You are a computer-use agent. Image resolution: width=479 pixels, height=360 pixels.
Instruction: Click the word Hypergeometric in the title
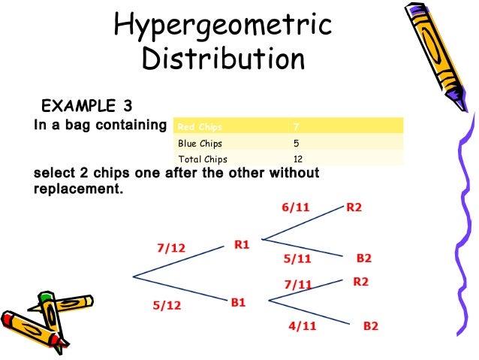point(222,26)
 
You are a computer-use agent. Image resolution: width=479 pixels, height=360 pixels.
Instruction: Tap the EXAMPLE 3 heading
point(86,104)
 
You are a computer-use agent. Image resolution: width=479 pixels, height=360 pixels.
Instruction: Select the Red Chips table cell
point(194,126)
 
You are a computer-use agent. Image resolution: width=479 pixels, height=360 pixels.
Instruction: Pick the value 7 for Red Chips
point(297,126)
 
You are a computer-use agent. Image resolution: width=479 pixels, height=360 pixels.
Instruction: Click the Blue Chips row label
point(200,142)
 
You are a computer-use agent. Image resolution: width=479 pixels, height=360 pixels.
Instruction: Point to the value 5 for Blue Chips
point(297,142)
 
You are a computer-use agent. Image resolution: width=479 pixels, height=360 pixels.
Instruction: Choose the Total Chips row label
point(202,159)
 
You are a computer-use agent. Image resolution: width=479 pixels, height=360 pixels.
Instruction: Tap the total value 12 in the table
point(299,159)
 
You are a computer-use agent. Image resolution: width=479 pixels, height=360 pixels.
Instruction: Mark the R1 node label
point(242,244)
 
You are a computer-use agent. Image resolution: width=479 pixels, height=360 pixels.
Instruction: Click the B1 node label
point(239,302)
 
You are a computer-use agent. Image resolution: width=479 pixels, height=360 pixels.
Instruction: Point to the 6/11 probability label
point(296,207)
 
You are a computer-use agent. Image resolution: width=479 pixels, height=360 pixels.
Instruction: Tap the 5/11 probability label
point(297,259)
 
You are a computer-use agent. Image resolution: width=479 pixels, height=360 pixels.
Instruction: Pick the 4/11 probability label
point(302,326)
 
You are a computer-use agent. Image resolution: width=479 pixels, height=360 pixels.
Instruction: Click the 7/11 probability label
point(297,284)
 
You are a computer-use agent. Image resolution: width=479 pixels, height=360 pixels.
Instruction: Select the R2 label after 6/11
point(354,207)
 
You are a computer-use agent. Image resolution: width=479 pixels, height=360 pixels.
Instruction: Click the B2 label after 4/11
point(371,326)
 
